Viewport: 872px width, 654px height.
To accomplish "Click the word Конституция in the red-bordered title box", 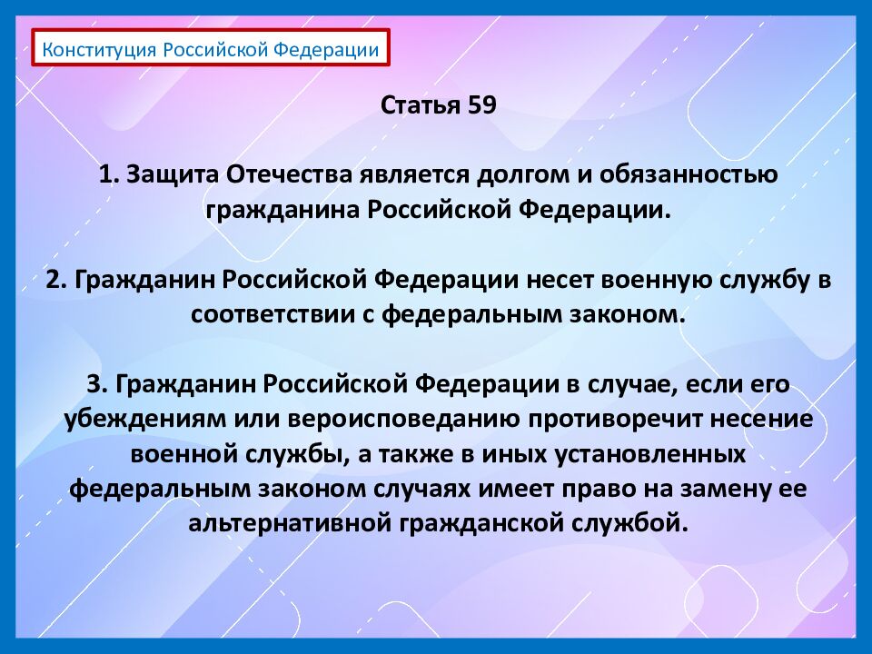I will (100, 49).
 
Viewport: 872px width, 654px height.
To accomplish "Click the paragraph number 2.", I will (53, 280).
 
